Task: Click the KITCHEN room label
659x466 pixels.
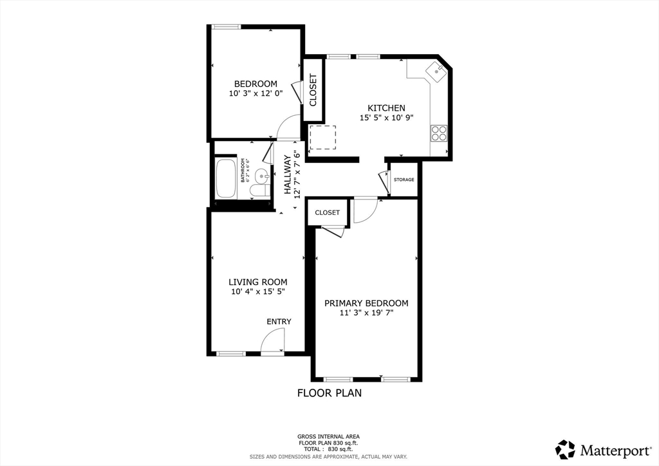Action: [x=386, y=108]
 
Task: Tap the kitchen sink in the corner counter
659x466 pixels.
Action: [x=437, y=71]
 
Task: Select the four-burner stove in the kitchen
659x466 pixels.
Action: [x=438, y=133]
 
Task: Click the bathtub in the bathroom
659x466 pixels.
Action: [x=227, y=178]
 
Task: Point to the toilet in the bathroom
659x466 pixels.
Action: [x=258, y=191]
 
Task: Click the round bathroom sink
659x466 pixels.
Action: [x=261, y=175]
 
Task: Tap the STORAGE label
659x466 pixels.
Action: [x=404, y=180]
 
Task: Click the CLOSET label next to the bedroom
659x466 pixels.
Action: [x=313, y=90]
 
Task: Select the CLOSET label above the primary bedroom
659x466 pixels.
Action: [x=327, y=212]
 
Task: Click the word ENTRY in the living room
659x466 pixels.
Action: [x=279, y=322]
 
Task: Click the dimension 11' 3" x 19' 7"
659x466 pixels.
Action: [x=366, y=313]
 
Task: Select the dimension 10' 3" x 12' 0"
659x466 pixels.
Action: [x=255, y=93]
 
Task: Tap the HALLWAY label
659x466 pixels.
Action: [x=288, y=174]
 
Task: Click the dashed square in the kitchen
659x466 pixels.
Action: [x=323, y=138]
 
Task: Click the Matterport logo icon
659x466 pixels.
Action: [x=565, y=449]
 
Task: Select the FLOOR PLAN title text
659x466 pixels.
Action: [x=329, y=393]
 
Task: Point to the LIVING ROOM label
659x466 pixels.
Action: [x=258, y=282]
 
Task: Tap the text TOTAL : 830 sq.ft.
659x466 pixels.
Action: [x=328, y=448]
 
